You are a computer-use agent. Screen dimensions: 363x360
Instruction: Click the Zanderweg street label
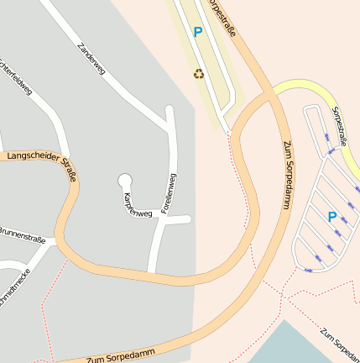click(x=90, y=60)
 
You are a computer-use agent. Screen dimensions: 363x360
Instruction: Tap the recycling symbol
click(x=198, y=74)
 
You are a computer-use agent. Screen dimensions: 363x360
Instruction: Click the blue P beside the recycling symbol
click(x=198, y=33)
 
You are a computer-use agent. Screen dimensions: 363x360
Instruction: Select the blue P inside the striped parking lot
click(x=332, y=217)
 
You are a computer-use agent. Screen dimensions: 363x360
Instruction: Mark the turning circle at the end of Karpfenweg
click(x=126, y=179)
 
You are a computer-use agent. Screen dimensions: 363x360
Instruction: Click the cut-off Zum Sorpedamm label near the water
click(x=339, y=339)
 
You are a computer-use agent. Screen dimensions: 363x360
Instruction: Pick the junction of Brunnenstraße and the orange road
click(x=57, y=239)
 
